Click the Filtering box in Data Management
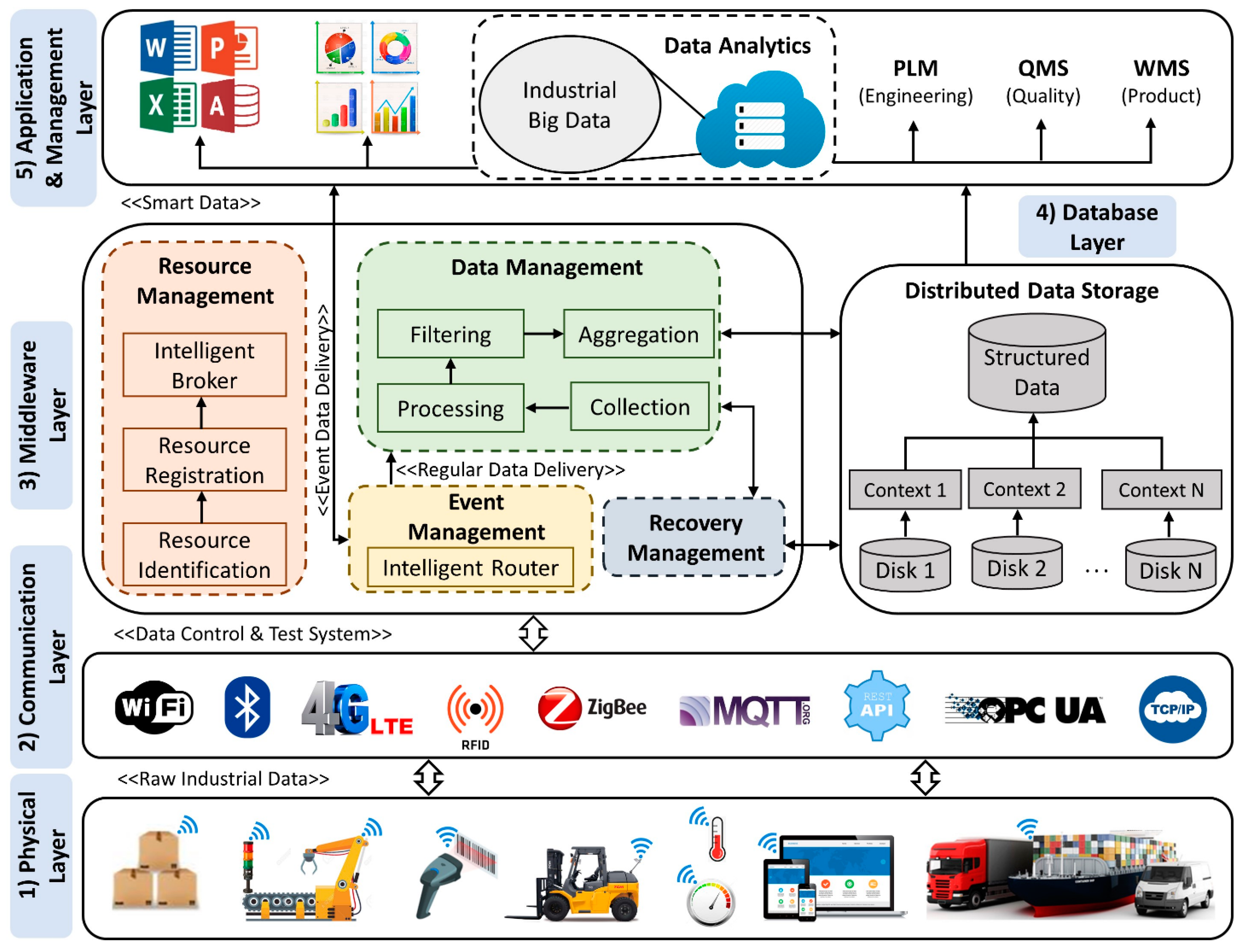[450, 334]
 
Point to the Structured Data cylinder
[1036, 364]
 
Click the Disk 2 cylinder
[1017, 564]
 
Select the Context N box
[1161, 489]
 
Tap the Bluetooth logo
[247, 707]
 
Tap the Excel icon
[168, 105]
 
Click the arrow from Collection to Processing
[547, 408]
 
